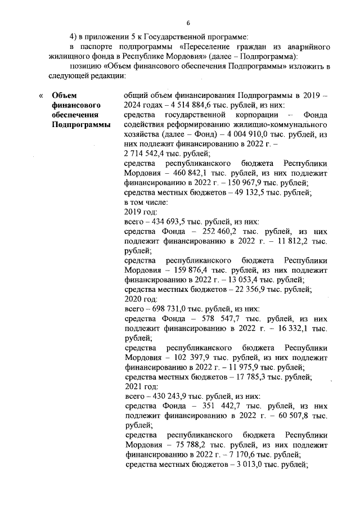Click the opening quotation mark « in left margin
tap(40, 96)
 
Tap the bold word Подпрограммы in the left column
tap(81, 124)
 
